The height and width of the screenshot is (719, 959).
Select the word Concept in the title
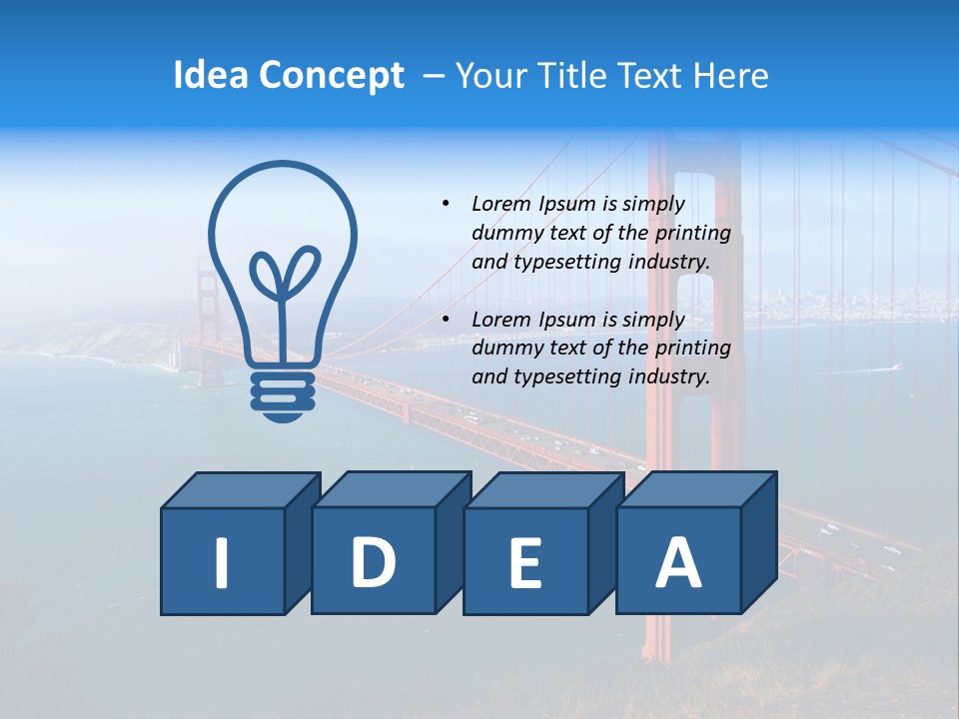332,76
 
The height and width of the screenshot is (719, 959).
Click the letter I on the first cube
222,561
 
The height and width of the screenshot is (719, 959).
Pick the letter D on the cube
373,561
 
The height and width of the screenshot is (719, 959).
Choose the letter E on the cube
524,563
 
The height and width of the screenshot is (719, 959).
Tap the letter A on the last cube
677,561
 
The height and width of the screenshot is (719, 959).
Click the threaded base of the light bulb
283,392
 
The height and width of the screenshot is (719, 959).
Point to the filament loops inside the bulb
283,275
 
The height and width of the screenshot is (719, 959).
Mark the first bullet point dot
446,204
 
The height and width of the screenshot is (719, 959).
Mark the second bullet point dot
446,320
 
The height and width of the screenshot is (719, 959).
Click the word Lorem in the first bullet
502,204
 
